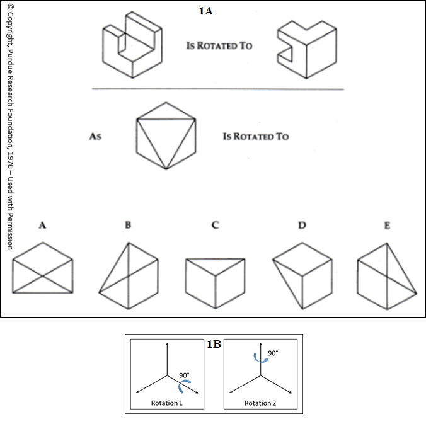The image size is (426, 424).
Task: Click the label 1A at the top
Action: pos(207,10)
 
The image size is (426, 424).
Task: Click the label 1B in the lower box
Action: pos(214,344)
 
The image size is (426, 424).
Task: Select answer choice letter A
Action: pos(42,225)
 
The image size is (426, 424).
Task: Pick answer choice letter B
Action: pos(128,225)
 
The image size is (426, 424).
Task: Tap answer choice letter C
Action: pos(215,225)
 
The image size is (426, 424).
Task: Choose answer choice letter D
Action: pos(302,225)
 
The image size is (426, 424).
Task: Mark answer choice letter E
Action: pos(386,225)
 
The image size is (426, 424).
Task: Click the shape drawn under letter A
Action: pos(43,270)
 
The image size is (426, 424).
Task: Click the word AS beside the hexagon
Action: pos(96,136)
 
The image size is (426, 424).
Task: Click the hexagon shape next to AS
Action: pos(166,136)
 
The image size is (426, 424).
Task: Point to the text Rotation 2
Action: pos(258,403)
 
